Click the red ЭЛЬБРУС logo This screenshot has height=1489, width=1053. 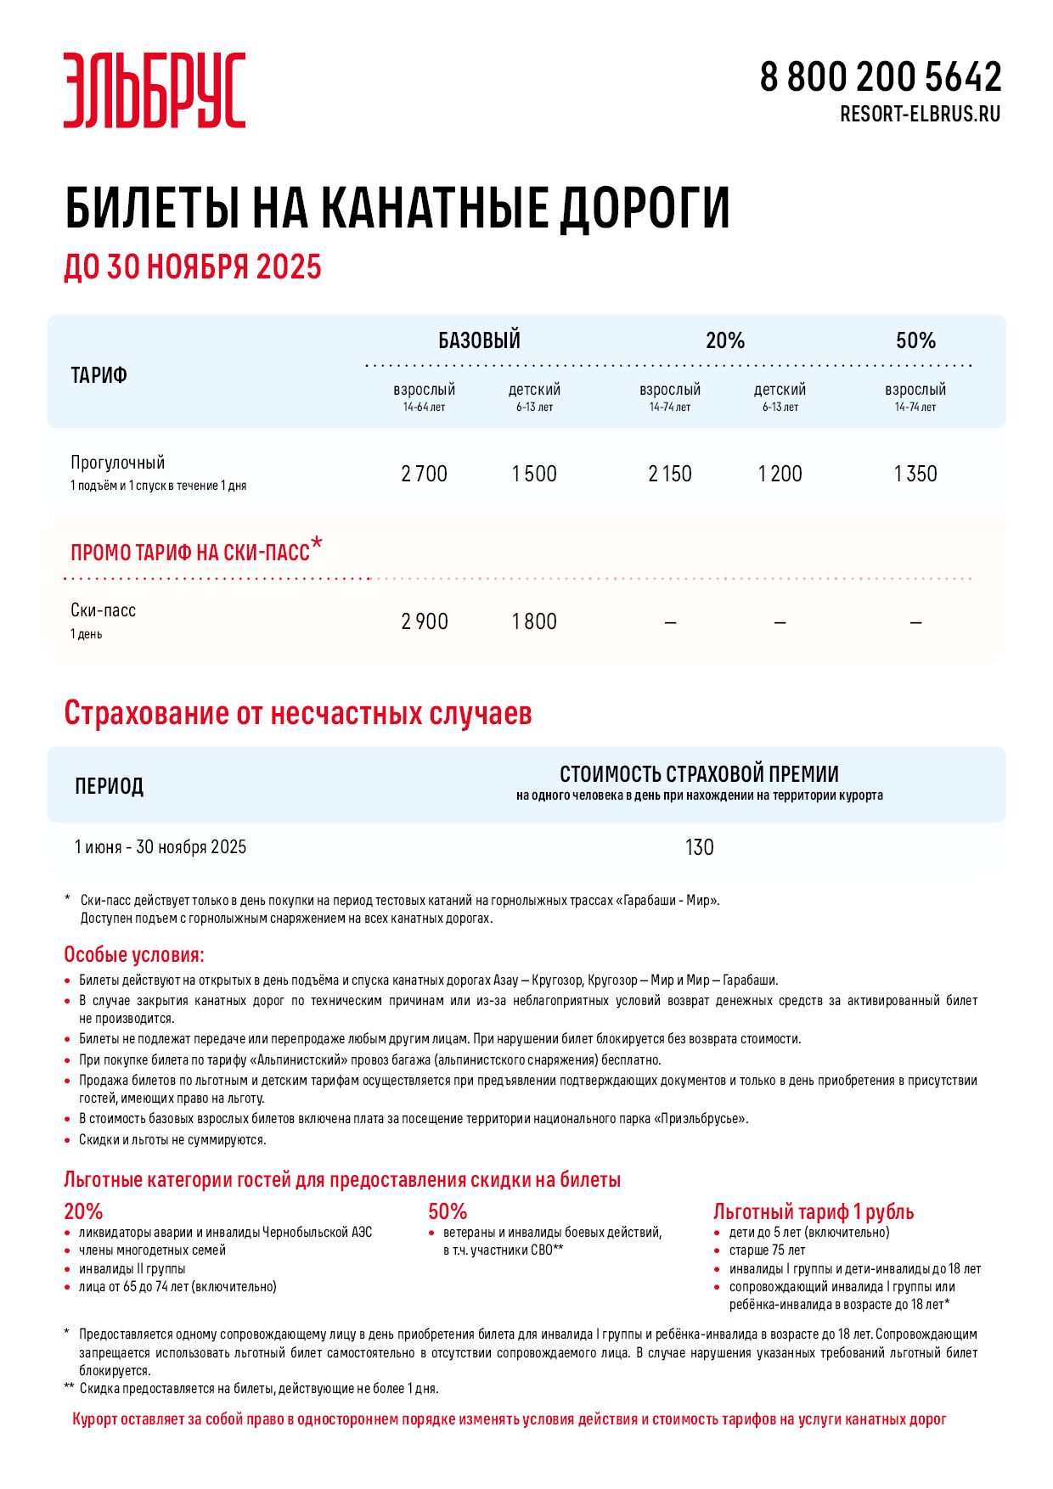tap(155, 90)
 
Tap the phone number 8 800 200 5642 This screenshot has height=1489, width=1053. tap(880, 77)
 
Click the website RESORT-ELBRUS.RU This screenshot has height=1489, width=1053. tap(920, 114)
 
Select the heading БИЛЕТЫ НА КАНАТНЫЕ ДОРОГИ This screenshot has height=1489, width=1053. tap(397, 208)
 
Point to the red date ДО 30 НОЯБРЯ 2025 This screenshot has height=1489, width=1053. tap(193, 267)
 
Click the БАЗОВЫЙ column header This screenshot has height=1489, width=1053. tap(479, 340)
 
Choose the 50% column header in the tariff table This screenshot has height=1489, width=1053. tap(915, 340)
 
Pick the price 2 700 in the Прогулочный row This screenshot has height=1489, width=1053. tap(424, 474)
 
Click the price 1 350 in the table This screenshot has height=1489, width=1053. tap(915, 474)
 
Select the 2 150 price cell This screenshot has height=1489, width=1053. tap(670, 474)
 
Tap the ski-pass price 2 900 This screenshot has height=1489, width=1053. tap(424, 621)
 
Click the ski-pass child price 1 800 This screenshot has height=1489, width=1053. tap(534, 621)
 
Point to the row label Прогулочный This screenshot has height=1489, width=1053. tap(118, 463)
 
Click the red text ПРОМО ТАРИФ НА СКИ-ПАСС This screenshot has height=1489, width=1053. tap(190, 553)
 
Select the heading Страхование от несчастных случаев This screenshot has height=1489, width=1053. tap(298, 713)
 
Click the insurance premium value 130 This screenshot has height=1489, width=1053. tap(699, 847)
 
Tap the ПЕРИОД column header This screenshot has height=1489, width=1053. tap(109, 786)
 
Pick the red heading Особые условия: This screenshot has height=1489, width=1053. tap(134, 955)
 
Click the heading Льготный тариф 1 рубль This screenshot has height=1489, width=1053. tap(813, 1211)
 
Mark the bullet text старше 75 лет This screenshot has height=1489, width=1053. tap(767, 1250)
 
